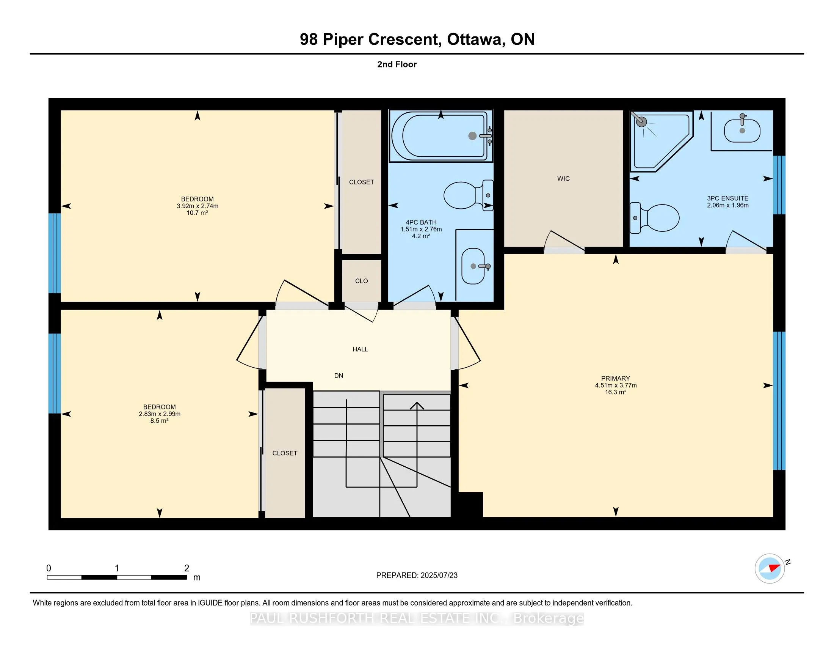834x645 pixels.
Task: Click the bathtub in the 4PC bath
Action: pos(441,136)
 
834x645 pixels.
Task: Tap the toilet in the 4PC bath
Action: pos(468,195)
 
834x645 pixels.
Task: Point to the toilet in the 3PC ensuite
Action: pos(655,218)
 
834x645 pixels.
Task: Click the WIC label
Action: pos(563,178)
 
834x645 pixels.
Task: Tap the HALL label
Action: pos(360,349)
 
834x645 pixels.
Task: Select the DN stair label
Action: pos(339,376)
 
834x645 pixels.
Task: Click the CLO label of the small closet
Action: pos(361,281)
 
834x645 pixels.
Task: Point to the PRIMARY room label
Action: pos(615,378)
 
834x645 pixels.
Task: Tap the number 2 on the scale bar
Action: pos(187,568)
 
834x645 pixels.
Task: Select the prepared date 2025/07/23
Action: pos(438,576)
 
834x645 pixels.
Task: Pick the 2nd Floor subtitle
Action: pos(397,64)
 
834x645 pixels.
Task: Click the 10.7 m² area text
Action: pos(197,213)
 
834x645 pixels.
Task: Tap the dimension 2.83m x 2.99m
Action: pos(160,414)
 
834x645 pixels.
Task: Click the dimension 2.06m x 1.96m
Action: pos(727,205)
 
